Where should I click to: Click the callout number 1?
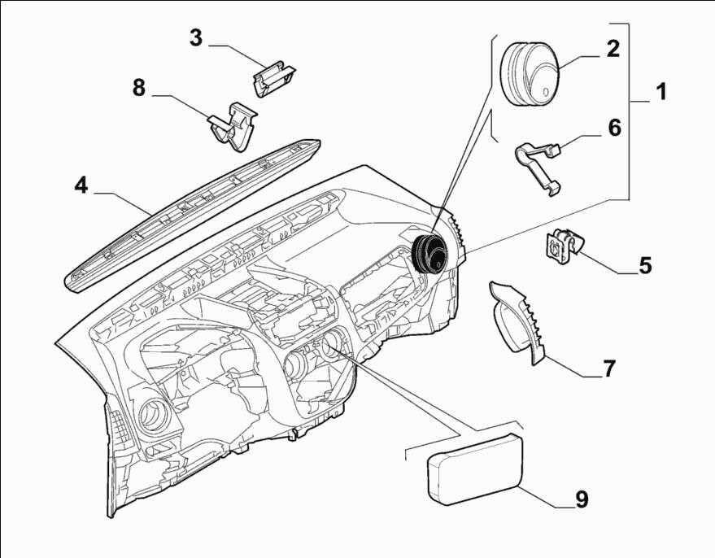pyautogui.click(x=661, y=91)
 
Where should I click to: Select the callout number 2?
pyautogui.click(x=613, y=48)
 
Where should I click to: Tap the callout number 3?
pyautogui.click(x=195, y=37)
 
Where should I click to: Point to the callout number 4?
pyautogui.click(x=81, y=185)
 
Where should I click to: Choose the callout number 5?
pyautogui.click(x=644, y=265)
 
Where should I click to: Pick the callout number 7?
pyautogui.click(x=609, y=368)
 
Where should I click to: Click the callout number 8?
pyautogui.click(x=139, y=87)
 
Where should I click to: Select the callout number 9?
pyautogui.click(x=582, y=498)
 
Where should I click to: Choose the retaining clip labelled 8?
pyautogui.click(x=234, y=126)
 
